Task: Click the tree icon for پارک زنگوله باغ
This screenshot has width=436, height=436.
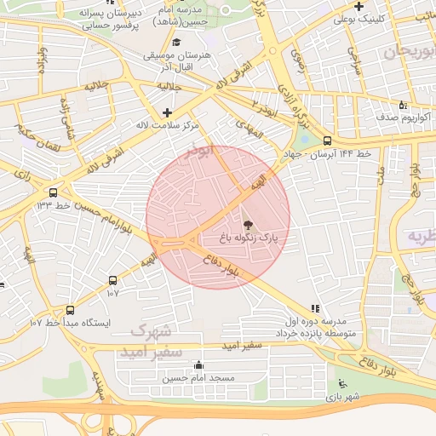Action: tap(248, 225)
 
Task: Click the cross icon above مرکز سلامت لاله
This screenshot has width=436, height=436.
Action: tap(167, 112)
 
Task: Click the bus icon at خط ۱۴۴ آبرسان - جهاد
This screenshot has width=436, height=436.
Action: tap(328, 141)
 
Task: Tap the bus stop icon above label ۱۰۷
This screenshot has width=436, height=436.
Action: tap(112, 280)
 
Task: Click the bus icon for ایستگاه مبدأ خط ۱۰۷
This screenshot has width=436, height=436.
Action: tap(70, 310)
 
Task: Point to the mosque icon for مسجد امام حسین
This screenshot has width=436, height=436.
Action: tap(199, 365)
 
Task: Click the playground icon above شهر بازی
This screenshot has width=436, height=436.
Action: tap(342, 382)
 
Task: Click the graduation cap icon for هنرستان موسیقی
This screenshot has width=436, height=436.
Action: tap(176, 42)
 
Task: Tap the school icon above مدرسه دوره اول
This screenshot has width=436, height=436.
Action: tap(316, 307)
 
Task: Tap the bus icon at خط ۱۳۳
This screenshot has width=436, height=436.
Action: tap(54, 192)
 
